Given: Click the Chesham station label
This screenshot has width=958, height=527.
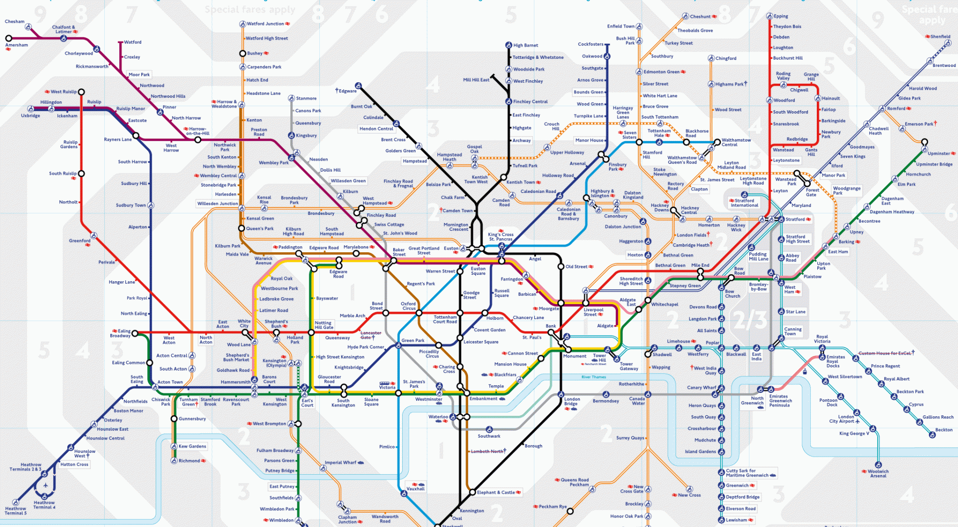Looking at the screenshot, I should pyautogui.click(x=14, y=21).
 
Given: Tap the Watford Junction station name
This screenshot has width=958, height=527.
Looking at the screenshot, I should pyautogui.click(x=265, y=23).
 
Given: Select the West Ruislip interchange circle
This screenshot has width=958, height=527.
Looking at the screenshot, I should pyautogui.click(x=81, y=92).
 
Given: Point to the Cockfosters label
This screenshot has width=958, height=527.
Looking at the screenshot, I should pyautogui.click(x=590, y=44).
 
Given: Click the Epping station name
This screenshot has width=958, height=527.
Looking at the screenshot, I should pyautogui.click(x=781, y=16).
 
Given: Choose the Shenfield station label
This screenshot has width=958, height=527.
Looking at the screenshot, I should pyautogui.click(x=940, y=36).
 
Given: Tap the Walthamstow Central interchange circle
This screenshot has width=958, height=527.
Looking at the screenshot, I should pyautogui.click(x=717, y=142).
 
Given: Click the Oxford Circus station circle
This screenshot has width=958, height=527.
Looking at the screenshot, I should pyautogui.click(x=419, y=313).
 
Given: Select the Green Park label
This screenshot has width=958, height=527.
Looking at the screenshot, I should pyautogui.click(x=413, y=341).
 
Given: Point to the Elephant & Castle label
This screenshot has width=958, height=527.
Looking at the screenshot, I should pyautogui.click(x=495, y=492).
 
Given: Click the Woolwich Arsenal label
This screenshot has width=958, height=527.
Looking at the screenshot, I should pyautogui.click(x=878, y=474).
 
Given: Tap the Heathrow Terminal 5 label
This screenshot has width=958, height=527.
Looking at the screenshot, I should pyautogui.click(x=15, y=511).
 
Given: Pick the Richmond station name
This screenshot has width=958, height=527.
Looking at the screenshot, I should pyautogui.click(x=189, y=461).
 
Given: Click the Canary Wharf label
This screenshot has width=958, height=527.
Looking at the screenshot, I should pyautogui.click(x=701, y=387).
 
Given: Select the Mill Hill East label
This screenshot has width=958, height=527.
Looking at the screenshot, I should pyautogui.click(x=476, y=80).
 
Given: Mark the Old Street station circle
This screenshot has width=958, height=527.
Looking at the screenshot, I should pyautogui.click(x=561, y=267).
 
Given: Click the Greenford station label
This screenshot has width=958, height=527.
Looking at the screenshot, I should pyautogui.click(x=79, y=241).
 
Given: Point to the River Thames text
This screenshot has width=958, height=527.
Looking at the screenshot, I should pyautogui.click(x=593, y=377).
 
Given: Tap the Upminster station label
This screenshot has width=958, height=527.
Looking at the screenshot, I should pyautogui.click(x=939, y=154).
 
